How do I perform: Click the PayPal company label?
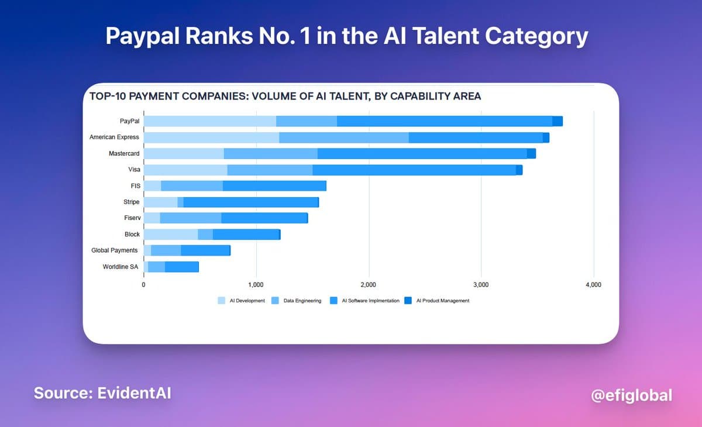coord(129,121)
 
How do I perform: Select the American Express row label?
coord(114,137)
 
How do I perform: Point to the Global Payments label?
coord(115,250)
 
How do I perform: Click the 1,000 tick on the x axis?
coord(256,284)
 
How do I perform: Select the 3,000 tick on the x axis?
coord(481,284)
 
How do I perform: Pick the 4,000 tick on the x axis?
coord(593,284)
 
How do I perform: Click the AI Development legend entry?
coord(242,301)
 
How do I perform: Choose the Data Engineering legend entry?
coord(298,301)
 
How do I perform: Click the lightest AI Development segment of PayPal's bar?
coord(209,121)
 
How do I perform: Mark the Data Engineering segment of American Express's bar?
coord(343,137)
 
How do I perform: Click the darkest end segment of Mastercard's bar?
coord(531,153)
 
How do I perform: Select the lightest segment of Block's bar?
coord(170,235)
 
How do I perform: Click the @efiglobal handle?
coord(631,395)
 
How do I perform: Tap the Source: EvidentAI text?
coord(102,392)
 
